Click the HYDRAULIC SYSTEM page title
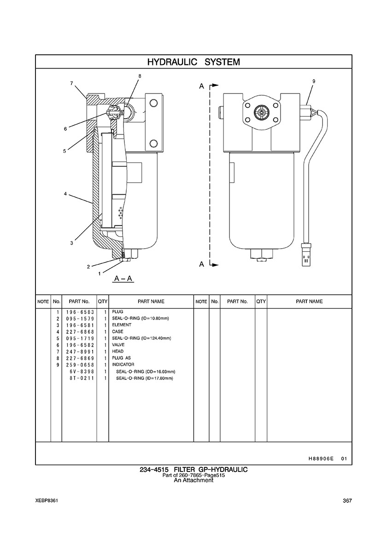193,62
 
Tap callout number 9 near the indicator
314,81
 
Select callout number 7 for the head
71,83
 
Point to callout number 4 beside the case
65,194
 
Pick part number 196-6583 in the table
80,312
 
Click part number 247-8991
80,351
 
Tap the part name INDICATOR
123,365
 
